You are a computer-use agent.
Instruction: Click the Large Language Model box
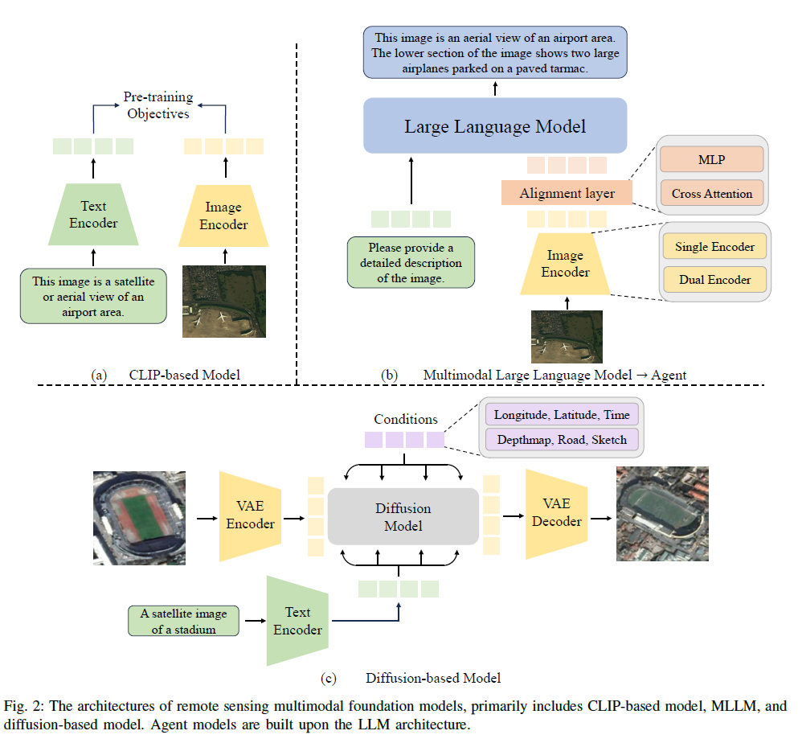coord(494,126)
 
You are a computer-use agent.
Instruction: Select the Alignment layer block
coord(567,193)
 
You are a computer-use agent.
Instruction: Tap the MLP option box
coord(710,159)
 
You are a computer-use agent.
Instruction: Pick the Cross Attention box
coord(710,193)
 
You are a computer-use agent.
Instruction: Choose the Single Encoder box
coord(714,247)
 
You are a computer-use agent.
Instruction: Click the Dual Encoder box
coord(714,280)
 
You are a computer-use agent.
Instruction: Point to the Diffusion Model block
coord(403,517)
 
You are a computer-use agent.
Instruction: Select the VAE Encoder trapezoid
coord(250,515)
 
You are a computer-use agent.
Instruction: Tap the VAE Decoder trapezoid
coord(556,512)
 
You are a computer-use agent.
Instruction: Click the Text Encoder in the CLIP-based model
coord(93,215)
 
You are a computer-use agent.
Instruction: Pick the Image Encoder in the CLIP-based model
coord(223,216)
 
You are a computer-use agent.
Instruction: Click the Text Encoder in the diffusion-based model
coord(297,621)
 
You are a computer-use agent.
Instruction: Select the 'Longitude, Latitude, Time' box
coord(563,415)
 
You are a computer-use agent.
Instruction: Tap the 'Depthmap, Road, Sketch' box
coord(563,440)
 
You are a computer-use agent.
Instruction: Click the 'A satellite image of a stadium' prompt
coord(183,621)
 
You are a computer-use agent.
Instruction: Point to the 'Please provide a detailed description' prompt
coord(411,262)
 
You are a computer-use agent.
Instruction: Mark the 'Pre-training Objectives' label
coord(158,105)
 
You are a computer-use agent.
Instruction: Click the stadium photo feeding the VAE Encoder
coord(139,515)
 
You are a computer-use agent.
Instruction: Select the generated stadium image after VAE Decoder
coord(661,513)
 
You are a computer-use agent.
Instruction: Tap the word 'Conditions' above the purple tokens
coord(406,419)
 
